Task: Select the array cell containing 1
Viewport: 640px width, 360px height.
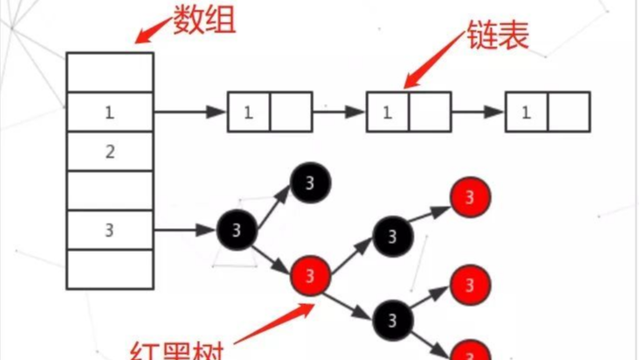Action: click(110, 113)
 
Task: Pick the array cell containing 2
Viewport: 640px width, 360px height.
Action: click(110, 152)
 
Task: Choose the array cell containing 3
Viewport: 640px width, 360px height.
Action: click(110, 231)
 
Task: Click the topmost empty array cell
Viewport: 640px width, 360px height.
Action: click(110, 73)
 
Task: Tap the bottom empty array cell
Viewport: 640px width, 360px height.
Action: click(110, 269)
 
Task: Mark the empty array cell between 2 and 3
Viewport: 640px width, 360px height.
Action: click(110, 190)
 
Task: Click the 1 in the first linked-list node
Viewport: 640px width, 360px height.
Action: click(248, 112)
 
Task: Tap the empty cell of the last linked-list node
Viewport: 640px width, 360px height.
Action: click(568, 112)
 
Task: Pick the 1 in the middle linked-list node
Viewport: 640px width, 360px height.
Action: click(387, 112)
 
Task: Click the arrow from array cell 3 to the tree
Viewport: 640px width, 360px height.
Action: click(184, 231)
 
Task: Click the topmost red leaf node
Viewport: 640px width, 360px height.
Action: click(471, 197)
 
